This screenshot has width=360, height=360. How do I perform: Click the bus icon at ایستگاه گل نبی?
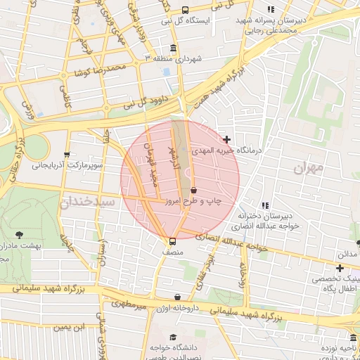point(185,10)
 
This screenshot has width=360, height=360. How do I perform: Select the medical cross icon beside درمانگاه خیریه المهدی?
point(226,140)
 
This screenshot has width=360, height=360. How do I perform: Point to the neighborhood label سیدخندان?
point(86,202)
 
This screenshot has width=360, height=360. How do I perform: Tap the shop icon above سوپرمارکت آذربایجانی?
point(67,155)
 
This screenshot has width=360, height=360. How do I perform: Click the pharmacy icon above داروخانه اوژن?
point(176,297)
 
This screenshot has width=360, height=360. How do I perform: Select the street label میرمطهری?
point(128,306)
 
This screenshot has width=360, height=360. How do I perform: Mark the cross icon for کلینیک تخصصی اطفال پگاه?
point(340,267)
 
